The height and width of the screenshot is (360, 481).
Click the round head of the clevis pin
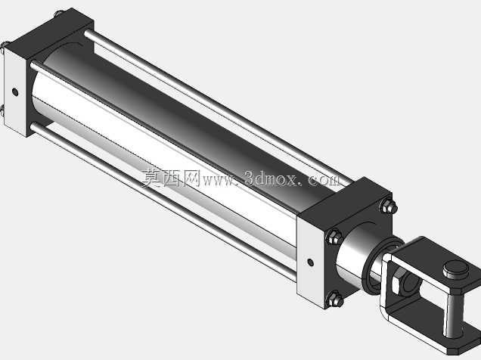point(455,269)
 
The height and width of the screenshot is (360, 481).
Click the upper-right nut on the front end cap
point(389,206)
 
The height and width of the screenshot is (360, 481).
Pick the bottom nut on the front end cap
point(334,299)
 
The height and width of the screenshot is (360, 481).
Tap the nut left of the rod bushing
point(334,237)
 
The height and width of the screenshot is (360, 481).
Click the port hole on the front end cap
point(310,262)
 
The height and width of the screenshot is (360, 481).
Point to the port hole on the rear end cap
point(14,92)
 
